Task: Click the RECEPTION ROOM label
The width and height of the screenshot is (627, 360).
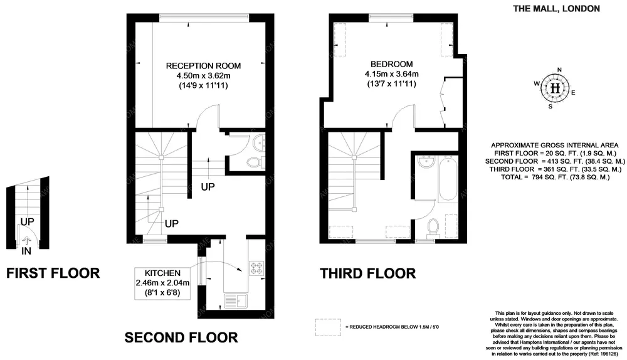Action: click(203, 65)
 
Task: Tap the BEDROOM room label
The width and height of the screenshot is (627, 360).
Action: click(391, 64)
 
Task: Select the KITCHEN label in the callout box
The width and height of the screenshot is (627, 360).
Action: click(163, 273)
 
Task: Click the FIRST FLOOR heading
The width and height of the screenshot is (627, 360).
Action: click(53, 273)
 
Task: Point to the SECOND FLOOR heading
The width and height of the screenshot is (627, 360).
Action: click(181, 337)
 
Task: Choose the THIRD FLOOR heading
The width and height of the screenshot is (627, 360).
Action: click(368, 273)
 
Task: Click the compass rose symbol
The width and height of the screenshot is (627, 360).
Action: click(554, 88)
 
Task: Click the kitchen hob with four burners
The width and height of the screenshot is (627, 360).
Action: click(257, 268)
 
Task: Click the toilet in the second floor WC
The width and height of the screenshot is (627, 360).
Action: click(253, 162)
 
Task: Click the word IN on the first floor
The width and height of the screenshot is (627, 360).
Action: click(26, 251)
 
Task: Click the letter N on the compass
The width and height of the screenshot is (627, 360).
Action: click(560, 70)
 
